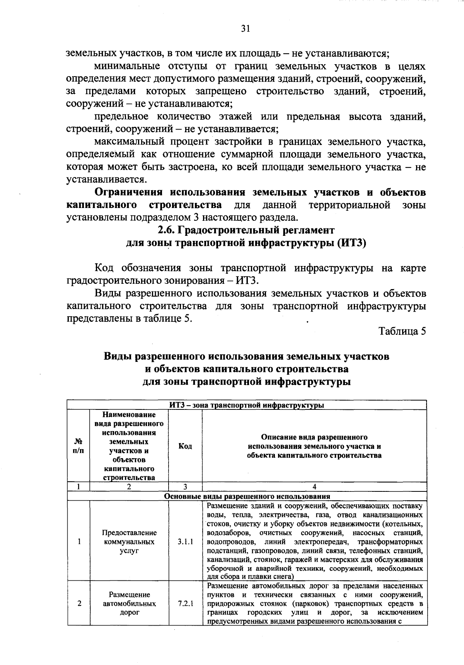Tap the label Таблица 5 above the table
(402, 331)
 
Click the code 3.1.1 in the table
(186, 542)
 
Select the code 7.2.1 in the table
(186, 604)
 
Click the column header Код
(185, 446)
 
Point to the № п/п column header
(78, 446)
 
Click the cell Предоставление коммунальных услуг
(129, 542)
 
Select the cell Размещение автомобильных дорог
(129, 604)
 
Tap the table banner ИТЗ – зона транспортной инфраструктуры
(246, 405)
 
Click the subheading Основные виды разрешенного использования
(246, 496)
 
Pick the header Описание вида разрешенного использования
(314, 446)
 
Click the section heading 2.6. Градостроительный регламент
(246, 230)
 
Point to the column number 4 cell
(314, 487)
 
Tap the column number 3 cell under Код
(185, 487)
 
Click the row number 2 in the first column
(78, 604)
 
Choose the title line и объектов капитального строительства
(246, 369)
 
